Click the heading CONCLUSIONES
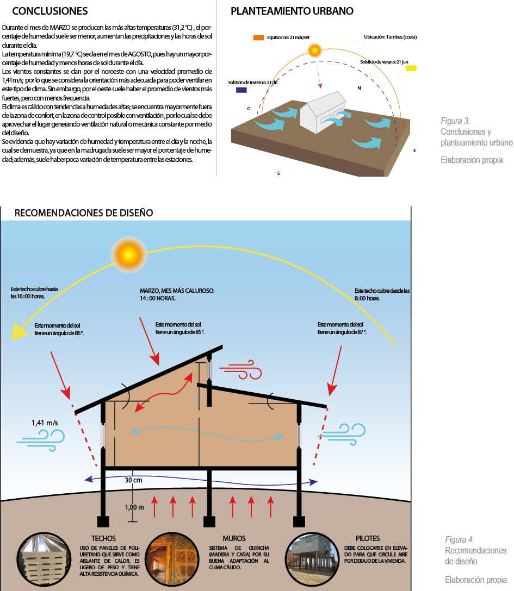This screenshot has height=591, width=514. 49,11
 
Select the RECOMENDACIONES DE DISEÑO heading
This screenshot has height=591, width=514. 83,212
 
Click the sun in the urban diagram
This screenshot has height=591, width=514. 314,51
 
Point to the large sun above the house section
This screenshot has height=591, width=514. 129,253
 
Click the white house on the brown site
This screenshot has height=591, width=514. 321,113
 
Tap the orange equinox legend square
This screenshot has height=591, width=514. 258,37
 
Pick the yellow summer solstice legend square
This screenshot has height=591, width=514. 411,68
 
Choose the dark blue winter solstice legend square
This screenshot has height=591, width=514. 241,90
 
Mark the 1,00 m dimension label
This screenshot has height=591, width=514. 134,507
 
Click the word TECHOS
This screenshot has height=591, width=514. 103,538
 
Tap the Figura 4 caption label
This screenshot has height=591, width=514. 459,539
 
